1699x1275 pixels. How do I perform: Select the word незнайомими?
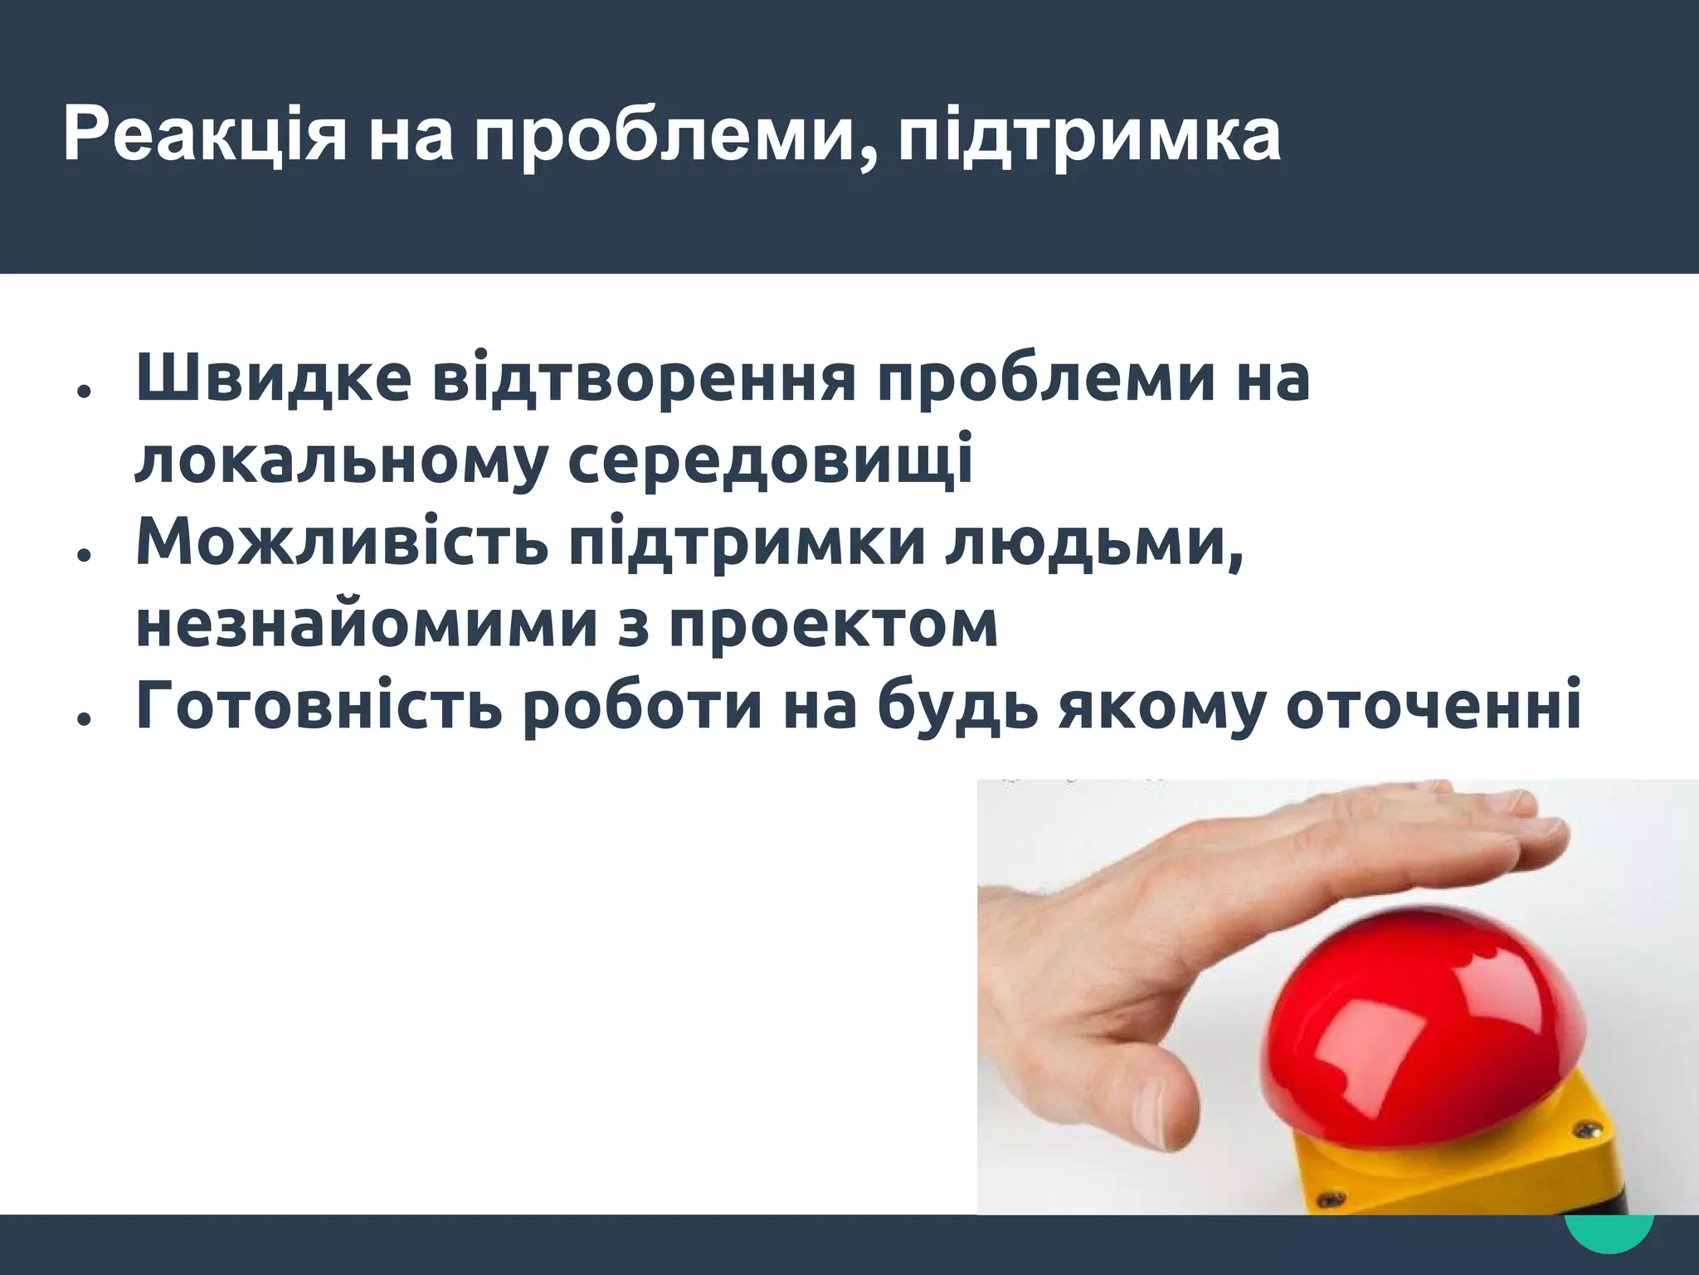366,625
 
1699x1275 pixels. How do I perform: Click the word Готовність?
319,707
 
